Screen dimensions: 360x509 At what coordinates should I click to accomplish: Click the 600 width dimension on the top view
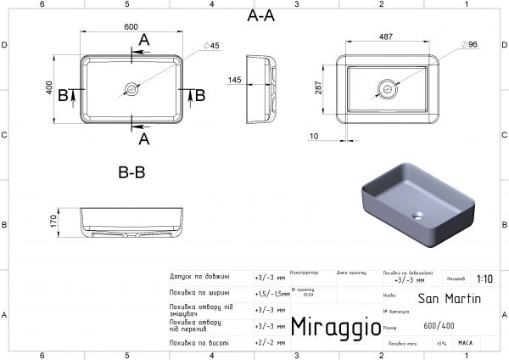click(131, 27)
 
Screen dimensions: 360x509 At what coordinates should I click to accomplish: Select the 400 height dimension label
click(50, 88)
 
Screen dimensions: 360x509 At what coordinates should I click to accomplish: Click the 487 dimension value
click(386, 37)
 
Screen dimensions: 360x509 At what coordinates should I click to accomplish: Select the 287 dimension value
click(316, 87)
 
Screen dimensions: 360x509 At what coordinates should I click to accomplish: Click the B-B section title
click(131, 172)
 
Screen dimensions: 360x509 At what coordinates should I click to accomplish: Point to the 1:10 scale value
click(484, 278)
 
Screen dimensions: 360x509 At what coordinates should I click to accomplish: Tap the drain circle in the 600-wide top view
click(131, 87)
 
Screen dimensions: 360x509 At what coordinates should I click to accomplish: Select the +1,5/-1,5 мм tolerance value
click(271, 292)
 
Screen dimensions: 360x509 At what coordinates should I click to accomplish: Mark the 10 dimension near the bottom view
click(315, 136)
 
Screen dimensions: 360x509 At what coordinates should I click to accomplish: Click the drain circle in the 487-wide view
click(386, 87)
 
